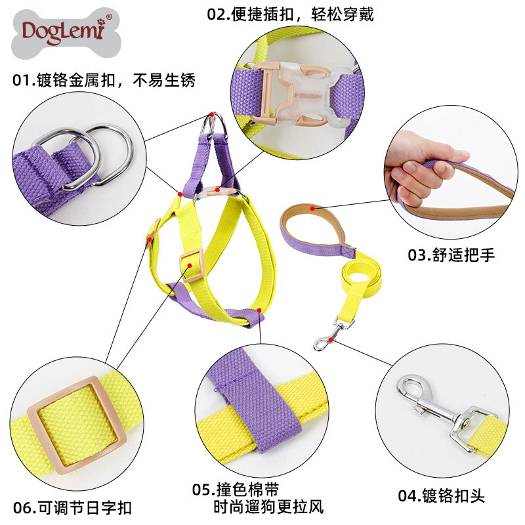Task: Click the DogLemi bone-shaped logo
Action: [66, 33]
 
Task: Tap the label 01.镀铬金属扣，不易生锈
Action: [104, 80]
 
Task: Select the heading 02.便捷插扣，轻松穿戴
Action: [290, 14]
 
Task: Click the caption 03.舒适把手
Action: [451, 255]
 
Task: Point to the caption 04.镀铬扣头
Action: [441, 496]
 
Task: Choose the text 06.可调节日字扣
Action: [72, 508]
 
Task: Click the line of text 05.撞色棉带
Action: [236, 490]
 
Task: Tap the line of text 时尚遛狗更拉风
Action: [268, 507]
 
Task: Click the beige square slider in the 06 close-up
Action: [77, 425]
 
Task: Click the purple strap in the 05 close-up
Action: [255, 398]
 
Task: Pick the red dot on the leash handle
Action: [312, 208]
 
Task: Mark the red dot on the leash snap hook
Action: [331, 340]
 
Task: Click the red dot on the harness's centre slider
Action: [190, 266]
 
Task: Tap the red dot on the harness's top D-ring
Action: [211, 114]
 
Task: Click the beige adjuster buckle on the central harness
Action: [192, 265]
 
